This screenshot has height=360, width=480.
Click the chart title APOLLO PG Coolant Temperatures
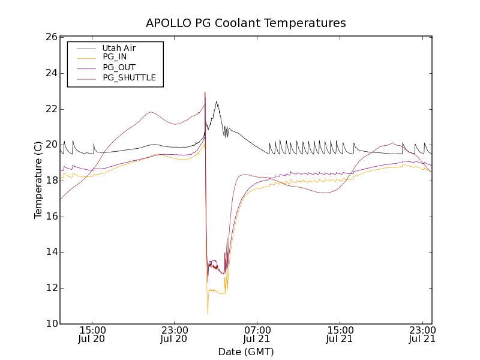click(246, 23)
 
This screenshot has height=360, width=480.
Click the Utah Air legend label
click(119, 48)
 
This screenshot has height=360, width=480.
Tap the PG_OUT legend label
click(119, 68)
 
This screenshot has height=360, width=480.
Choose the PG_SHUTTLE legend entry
click(129, 78)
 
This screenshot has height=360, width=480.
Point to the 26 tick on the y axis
click(50, 37)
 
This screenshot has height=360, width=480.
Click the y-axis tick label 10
click(50, 324)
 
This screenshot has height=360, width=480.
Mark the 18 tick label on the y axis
click(50, 181)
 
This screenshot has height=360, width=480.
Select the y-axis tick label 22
click(50, 109)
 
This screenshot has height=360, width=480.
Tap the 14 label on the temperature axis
click(50, 253)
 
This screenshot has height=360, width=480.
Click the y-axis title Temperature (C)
click(38, 180)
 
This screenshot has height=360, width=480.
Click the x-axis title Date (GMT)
click(246, 352)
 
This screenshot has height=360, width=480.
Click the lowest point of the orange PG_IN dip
click(208, 314)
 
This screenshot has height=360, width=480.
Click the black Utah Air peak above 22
click(217, 102)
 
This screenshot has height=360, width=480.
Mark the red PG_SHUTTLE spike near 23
click(205, 92)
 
